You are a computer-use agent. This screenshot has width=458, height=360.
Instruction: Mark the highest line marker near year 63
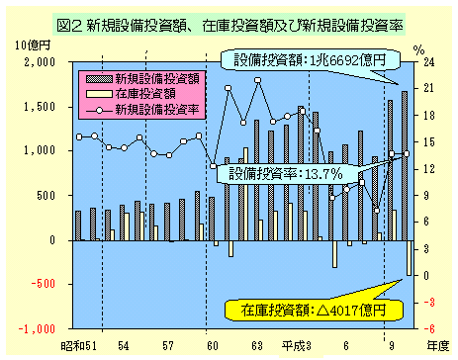[x=258, y=81]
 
